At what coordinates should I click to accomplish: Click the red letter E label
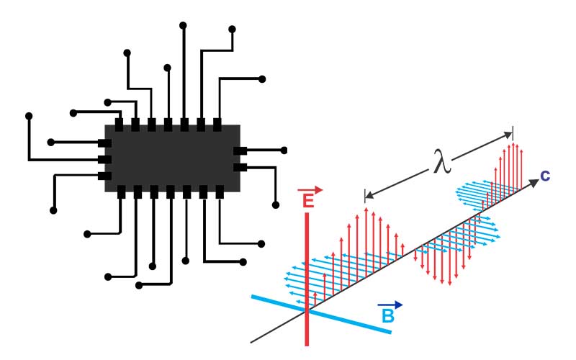pyautogui.click(x=308, y=201)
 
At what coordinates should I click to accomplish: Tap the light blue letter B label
pyautogui.click(x=388, y=316)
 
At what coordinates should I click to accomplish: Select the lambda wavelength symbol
pyautogui.click(x=442, y=161)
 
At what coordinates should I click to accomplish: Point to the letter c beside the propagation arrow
pyautogui.click(x=545, y=176)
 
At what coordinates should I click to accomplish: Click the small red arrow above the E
pyautogui.click(x=310, y=190)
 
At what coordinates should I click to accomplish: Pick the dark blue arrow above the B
pyautogui.click(x=390, y=305)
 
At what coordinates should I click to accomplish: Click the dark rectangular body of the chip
pyautogui.click(x=173, y=158)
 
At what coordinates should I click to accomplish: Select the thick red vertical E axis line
pyautogui.click(x=307, y=279)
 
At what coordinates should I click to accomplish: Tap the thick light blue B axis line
pyautogui.click(x=321, y=314)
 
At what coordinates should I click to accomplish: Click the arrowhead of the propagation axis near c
pyautogui.click(x=534, y=184)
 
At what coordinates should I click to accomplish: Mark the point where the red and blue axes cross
pyautogui.click(x=307, y=311)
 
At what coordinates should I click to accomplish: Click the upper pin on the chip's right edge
pyautogui.click(x=240, y=150)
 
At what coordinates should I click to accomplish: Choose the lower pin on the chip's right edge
pyautogui.click(x=240, y=168)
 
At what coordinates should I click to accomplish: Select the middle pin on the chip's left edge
pyautogui.click(x=104, y=159)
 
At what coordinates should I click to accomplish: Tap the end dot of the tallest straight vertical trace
pyautogui.click(x=183, y=25)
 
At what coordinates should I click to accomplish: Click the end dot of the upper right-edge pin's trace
pyautogui.click(x=284, y=150)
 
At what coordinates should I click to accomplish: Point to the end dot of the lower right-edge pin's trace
pyautogui.click(x=276, y=205)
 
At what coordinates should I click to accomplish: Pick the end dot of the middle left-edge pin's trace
pyautogui.click(x=29, y=116)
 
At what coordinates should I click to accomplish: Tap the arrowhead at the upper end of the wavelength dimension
pyautogui.click(x=508, y=135)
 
